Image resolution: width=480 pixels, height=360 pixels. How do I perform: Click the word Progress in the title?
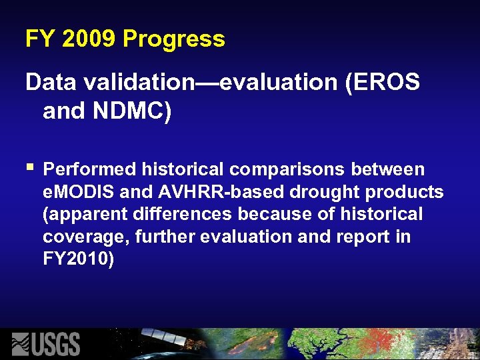pyautogui.click(x=174, y=39)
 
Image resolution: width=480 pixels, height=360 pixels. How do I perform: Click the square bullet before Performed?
pyautogui.click(x=29, y=165)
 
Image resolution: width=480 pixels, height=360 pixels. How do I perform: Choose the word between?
pyautogui.click(x=391, y=169)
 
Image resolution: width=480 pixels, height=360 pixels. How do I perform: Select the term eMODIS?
pyautogui.click(x=79, y=192)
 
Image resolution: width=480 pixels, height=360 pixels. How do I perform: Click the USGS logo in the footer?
pyautogui.click(x=46, y=344)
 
